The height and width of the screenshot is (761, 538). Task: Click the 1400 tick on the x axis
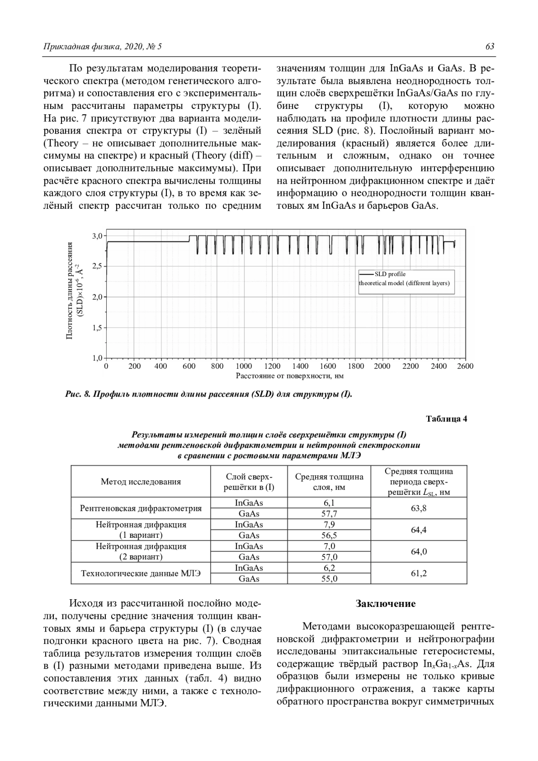tap(300, 366)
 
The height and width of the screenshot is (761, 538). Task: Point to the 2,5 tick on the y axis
tap(97, 266)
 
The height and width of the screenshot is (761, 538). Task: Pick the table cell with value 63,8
tap(419, 508)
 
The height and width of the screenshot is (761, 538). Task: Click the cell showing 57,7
tap(329, 514)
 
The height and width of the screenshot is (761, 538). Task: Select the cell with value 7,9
tap(329, 524)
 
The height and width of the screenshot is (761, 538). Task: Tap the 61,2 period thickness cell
tap(419, 573)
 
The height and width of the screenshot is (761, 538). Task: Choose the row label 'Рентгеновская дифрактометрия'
tap(141, 508)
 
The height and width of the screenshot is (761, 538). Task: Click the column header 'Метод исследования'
tap(141, 482)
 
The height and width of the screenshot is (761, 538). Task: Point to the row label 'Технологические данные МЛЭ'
tap(141, 573)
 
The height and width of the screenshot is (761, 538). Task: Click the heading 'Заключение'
tap(386, 604)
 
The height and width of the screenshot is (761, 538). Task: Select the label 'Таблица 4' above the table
tap(447, 419)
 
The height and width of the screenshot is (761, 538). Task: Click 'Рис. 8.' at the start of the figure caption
tap(78, 395)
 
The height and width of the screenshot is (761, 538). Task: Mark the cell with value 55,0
tap(329, 579)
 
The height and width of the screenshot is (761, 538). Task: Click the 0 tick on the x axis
tap(106, 366)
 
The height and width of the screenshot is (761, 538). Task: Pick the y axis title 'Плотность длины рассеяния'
tap(69, 290)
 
